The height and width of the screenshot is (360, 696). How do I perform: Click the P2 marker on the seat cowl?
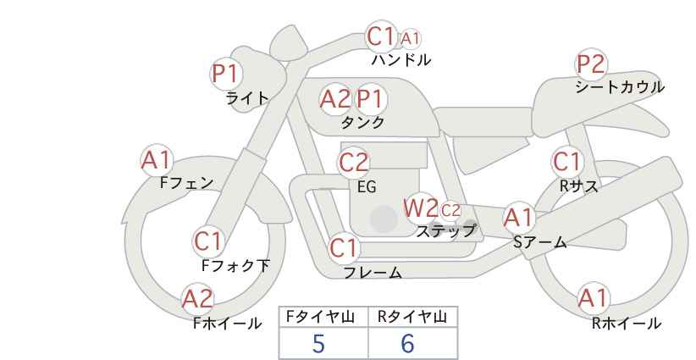[x=591, y=64]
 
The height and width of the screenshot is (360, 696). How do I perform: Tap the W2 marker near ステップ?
[x=420, y=208]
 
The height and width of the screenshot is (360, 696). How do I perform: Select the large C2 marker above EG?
[x=354, y=163]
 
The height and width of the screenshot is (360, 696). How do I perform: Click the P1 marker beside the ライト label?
[x=226, y=74]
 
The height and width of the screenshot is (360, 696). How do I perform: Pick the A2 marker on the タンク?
[x=335, y=99]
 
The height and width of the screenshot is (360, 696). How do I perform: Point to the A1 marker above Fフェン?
[x=157, y=160]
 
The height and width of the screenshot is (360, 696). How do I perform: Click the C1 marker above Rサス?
[x=567, y=162]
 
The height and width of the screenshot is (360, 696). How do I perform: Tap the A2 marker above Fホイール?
[x=198, y=299]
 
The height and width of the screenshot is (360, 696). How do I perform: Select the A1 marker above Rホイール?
[x=594, y=298]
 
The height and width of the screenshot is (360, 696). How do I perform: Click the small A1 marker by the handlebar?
[x=410, y=39]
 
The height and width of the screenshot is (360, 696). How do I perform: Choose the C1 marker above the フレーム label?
[x=344, y=247]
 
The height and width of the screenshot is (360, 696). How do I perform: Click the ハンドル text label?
[x=401, y=59]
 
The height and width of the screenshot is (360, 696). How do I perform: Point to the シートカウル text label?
[x=620, y=87]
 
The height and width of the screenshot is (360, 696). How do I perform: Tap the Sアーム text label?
[x=540, y=242]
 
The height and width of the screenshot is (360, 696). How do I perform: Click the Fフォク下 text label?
[x=235, y=265]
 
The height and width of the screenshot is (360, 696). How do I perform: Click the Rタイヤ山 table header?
[x=412, y=317]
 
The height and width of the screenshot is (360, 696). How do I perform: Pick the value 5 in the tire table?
[x=318, y=344]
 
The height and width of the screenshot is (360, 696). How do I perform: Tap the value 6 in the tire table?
[x=407, y=344]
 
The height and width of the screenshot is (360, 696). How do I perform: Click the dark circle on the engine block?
[x=384, y=219]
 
